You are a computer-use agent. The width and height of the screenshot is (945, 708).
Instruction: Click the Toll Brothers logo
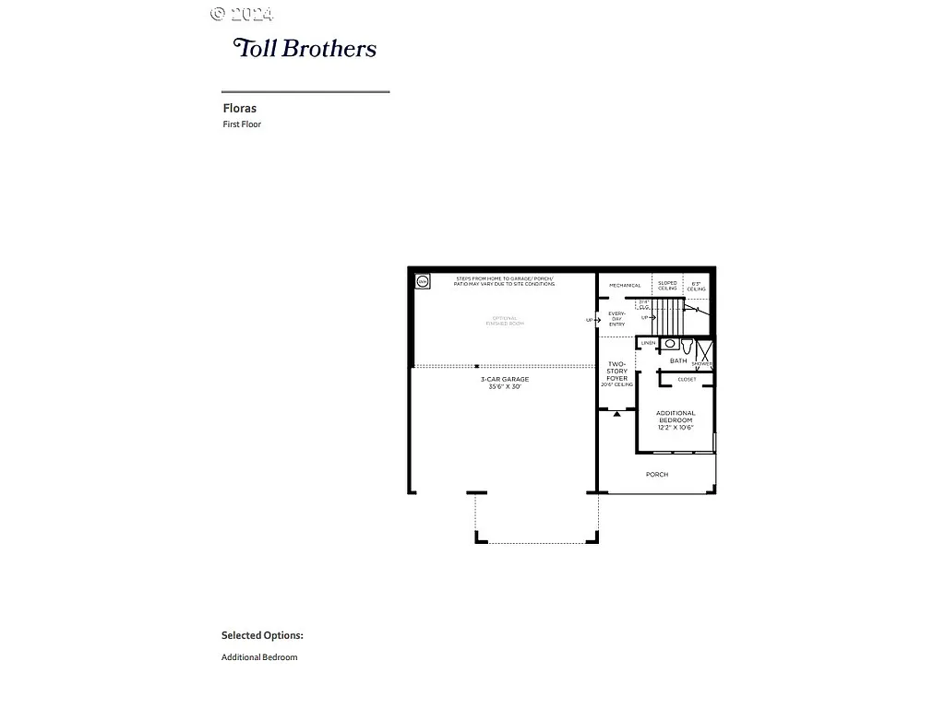coord(305,48)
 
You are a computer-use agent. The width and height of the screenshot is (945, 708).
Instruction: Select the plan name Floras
coord(239,108)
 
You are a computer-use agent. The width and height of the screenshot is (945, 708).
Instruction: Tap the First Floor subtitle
coord(242,124)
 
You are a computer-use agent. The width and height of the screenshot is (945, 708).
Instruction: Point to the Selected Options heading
coord(262,635)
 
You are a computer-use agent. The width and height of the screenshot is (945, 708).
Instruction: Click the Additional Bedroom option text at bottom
coord(259,657)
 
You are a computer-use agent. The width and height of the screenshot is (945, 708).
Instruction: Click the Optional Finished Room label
coord(505,321)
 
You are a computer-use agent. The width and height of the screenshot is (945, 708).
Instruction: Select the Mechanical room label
coord(625,286)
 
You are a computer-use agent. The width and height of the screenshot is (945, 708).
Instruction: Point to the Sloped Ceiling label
coord(667,286)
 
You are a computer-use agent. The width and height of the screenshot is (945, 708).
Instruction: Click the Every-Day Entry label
coord(616,319)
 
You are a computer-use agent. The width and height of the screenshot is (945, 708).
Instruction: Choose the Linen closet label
coord(649,343)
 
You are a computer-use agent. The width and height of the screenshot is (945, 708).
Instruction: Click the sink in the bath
coord(670,344)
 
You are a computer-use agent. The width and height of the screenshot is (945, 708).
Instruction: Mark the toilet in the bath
coord(688,348)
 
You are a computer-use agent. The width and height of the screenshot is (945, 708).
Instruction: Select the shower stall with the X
coord(704,354)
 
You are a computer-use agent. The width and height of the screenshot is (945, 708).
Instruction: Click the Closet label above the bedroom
coord(687,379)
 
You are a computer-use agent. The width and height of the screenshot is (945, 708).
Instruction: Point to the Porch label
coord(657,475)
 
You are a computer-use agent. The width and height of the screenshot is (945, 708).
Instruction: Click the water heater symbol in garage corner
coord(423,282)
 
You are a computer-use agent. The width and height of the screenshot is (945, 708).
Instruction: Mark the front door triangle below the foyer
coord(616,413)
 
